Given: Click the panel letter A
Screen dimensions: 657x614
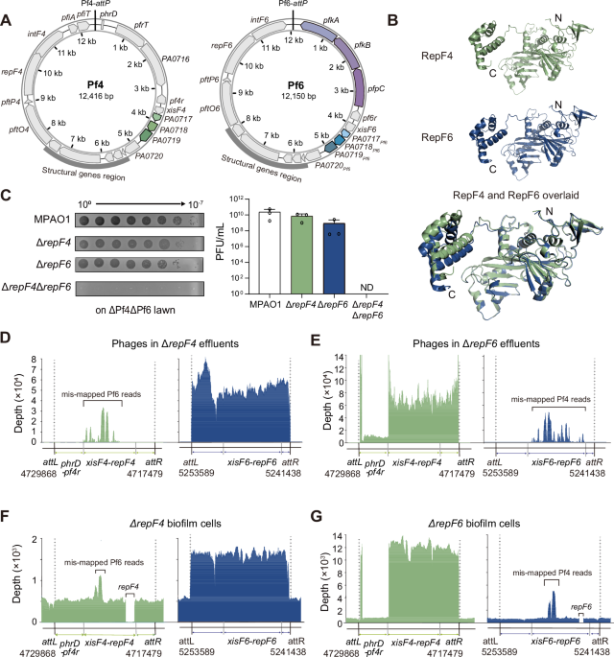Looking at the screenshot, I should click(7, 8).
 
